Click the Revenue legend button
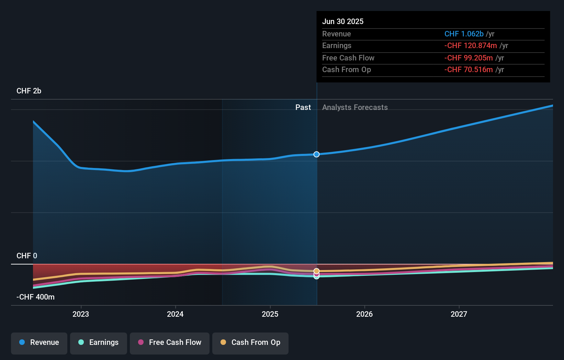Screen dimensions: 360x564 [39, 343]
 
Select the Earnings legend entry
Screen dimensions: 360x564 [99, 343]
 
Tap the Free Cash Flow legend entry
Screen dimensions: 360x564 [170, 343]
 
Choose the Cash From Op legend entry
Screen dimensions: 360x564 [250, 343]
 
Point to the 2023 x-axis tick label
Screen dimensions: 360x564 [81, 314]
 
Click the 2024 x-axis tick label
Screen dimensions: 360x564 [175, 314]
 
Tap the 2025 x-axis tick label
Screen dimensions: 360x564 [270, 314]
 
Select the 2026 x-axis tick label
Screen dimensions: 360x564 [364, 314]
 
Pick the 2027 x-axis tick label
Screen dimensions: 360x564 [459, 314]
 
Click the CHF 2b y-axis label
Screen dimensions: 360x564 [29, 91]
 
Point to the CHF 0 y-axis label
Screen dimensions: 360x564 [27, 256]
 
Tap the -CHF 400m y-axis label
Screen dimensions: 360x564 [36, 297]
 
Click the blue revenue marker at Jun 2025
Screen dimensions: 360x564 [316, 154]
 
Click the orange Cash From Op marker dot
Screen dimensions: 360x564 [316, 271]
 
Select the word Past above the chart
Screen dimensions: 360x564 [303, 108]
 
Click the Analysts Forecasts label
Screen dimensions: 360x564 [355, 108]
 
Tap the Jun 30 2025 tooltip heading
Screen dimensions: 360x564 [343, 22]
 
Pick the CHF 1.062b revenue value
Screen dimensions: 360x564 [464, 34]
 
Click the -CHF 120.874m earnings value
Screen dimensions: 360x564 [471, 46]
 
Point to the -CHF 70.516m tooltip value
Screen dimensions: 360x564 [469, 70]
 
